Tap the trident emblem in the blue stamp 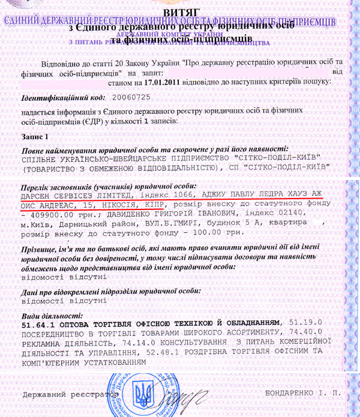(x=142, y=394)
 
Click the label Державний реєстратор (x=68, y=395)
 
